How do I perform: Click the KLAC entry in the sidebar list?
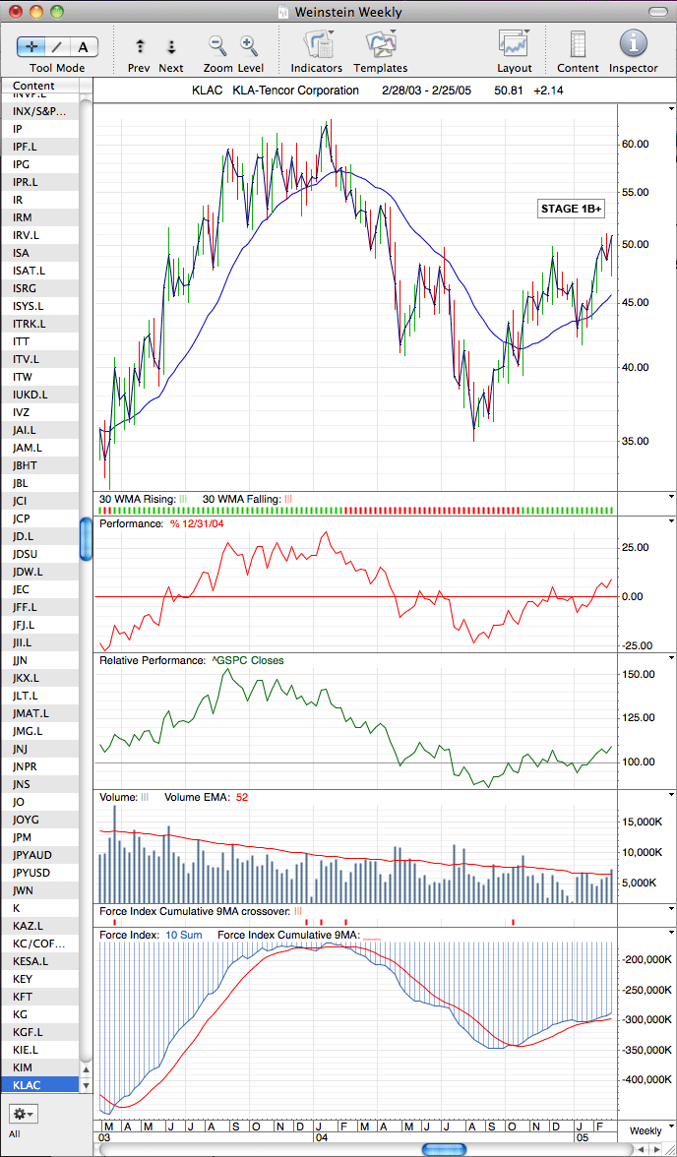tap(27, 1084)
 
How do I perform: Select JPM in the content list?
tap(23, 836)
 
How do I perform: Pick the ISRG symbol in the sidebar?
tap(26, 287)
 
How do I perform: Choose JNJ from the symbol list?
tap(21, 748)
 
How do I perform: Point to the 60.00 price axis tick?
tap(635, 144)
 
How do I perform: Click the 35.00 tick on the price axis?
tap(635, 441)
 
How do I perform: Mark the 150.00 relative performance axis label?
tap(637, 674)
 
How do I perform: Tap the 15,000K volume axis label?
tap(644, 822)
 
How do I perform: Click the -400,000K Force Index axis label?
tap(646, 1079)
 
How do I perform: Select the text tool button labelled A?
tap(84, 47)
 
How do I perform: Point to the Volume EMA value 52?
tap(240, 797)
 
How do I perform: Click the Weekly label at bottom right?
tap(646, 1131)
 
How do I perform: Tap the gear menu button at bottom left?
tap(24, 1113)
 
